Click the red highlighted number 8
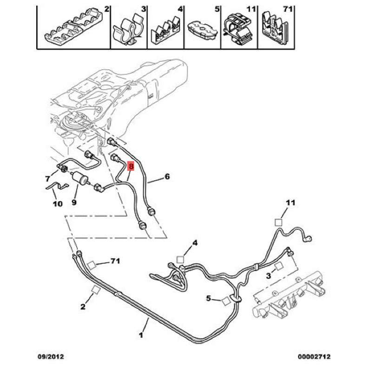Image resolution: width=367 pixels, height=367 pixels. pyautogui.click(x=131, y=166)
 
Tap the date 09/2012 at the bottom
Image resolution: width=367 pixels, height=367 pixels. pyautogui.click(x=51, y=356)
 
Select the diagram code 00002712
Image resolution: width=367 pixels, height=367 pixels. pyautogui.click(x=314, y=356)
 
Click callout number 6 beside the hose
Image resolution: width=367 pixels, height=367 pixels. pyautogui.click(x=167, y=176)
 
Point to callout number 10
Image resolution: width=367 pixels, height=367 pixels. pyautogui.click(x=58, y=203)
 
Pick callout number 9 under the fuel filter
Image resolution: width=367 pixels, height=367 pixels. pyautogui.click(x=74, y=202)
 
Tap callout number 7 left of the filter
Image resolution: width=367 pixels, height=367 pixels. pyautogui.click(x=48, y=179)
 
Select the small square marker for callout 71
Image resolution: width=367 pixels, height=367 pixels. pyautogui.click(x=92, y=265)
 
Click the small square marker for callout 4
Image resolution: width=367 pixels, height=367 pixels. pyautogui.click(x=180, y=259)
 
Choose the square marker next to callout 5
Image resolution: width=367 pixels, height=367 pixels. pyautogui.click(x=226, y=301)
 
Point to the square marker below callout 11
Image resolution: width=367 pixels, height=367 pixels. pyautogui.click(x=278, y=222)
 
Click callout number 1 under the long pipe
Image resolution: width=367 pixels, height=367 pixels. pyautogui.click(x=141, y=335)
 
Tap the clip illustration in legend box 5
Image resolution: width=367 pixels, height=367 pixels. pyautogui.click(x=202, y=30)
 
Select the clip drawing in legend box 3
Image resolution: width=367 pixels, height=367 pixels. pyautogui.click(x=128, y=29)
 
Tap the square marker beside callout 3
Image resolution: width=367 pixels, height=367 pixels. pyautogui.click(x=279, y=266)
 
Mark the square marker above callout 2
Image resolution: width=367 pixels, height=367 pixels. pyautogui.click(x=96, y=289)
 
